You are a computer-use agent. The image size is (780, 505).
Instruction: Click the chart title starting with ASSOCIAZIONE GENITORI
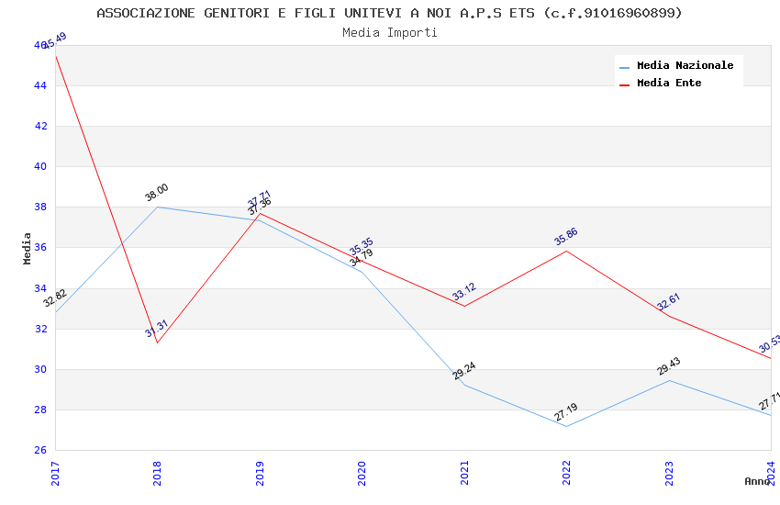tap(389, 13)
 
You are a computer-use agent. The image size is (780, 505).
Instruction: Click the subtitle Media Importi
tap(389, 33)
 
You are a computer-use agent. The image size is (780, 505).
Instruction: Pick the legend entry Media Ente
tap(669, 84)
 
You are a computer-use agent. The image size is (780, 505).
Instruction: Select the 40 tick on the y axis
tap(40, 167)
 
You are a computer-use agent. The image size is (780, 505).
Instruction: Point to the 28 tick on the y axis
tap(40, 410)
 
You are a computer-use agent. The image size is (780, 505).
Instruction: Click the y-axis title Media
tap(28, 248)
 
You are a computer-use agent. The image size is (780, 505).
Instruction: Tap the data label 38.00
tap(157, 192)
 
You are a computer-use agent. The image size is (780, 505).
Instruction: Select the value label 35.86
tap(566, 236)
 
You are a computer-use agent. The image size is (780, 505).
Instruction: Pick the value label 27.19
tap(566, 412)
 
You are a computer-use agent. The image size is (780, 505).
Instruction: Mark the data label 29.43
tap(669, 366)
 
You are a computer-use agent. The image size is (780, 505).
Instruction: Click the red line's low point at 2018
tap(158, 342)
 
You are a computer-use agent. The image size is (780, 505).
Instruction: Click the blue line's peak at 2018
tap(158, 207)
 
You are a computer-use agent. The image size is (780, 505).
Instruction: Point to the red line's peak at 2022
tap(567, 251)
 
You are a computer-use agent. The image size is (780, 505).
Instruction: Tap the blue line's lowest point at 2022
tap(567, 426)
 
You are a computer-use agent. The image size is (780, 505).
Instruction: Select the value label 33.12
tap(464, 292)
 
